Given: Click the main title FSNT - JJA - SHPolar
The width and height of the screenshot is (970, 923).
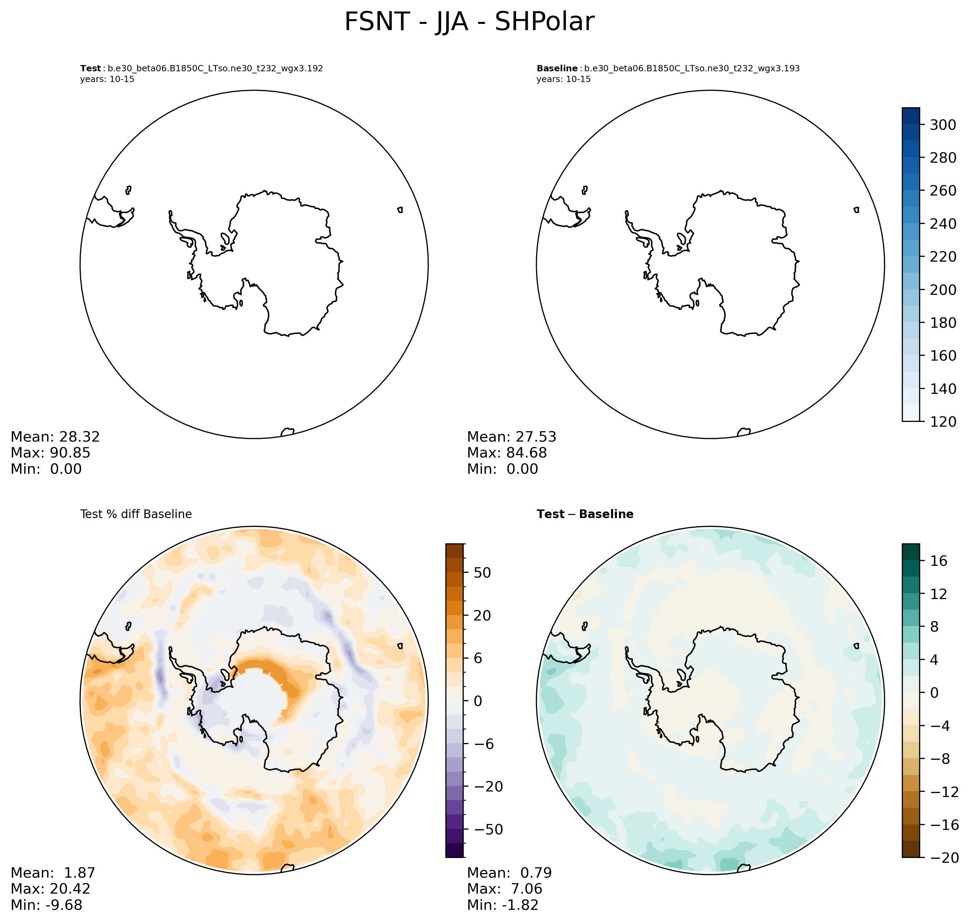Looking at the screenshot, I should (x=469, y=22).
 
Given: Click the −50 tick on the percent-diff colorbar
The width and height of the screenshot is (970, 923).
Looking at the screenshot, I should (x=484, y=830).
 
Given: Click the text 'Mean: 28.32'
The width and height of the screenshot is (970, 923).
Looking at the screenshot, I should (x=55, y=437).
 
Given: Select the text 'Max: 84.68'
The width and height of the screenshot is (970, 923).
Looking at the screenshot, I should (x=507, y=453).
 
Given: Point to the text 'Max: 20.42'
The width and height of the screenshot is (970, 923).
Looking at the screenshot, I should (x=50, y=888).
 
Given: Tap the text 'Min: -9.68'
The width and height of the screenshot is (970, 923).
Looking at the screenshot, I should (x=46, y=905).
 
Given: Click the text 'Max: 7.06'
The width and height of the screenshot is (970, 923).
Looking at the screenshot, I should (x=504, y=888).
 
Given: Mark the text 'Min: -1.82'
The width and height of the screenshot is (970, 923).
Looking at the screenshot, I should (x=503, y=905).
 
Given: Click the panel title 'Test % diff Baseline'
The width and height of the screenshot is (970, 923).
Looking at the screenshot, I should (x=136, y=514).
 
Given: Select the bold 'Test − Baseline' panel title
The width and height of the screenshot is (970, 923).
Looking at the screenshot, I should (x=585, y=514).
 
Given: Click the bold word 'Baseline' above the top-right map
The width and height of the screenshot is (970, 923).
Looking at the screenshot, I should (x=557, y=69).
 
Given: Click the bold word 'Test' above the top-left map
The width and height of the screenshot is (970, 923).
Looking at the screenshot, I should (x=90, y=69).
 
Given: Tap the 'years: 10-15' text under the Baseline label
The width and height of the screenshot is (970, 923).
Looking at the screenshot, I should (x=563, y=79).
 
